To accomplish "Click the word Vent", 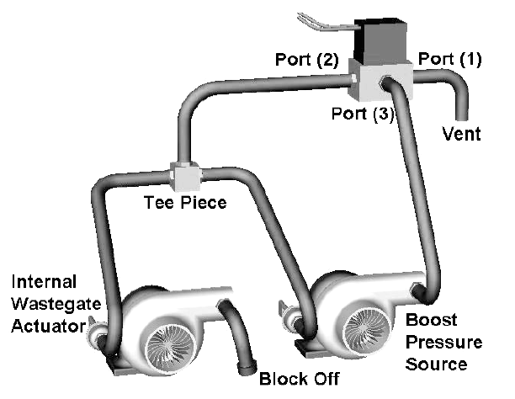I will pyautogui.click(x=462, y=134).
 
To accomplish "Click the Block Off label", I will pyautogui.click(x=299, y=379).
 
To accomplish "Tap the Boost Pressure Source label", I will pyautogui.click(x=442, y=343).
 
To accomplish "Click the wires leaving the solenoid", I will pyautogui.click(x=325, y=23).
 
